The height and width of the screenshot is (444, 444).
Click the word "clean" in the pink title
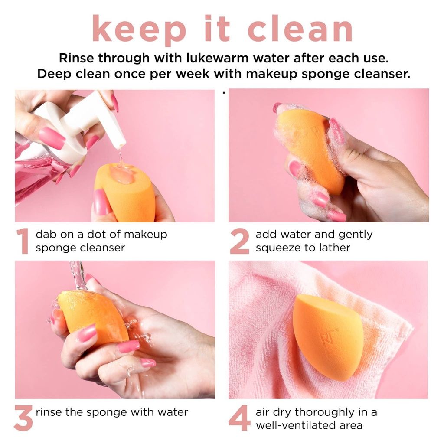pyautogui.click(x=300, y=29)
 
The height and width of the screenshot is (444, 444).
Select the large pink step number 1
pyautogui.click(x=23, y=242)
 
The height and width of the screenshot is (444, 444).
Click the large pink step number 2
pyautogui.click(x=239, y=242)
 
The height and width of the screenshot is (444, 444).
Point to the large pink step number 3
pyautogui.click(x=23, y=418)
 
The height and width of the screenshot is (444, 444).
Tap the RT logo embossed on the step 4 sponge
pyautogui.click(x=325, y=337)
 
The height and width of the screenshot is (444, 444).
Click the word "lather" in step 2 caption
pyautogui.click(x=334, y=248)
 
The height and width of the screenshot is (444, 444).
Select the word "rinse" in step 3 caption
pyautogui.click(x=49, y=412)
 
